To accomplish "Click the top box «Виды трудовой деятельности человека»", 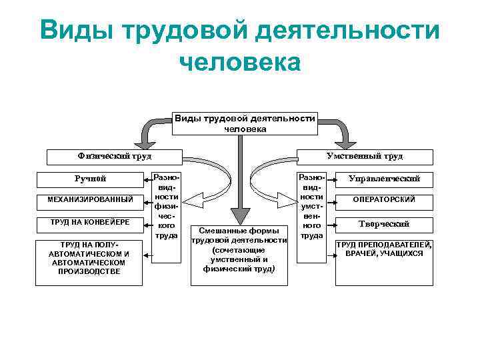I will (245, 123).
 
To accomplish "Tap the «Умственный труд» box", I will (373, 156).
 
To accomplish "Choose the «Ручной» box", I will (89, 179).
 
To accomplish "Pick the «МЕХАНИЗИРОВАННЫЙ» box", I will (89, 199).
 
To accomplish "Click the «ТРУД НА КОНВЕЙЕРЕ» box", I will (89, 221).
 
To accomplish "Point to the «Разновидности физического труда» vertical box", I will (165, 207).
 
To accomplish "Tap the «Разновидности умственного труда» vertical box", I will (311, 207).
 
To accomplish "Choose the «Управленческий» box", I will (384, 179).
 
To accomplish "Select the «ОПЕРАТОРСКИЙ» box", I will (384, 199).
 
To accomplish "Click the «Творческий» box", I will (384, 224).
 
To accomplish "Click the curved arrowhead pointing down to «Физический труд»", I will (143, 141).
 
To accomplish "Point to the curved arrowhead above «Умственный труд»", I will (345, 141).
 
